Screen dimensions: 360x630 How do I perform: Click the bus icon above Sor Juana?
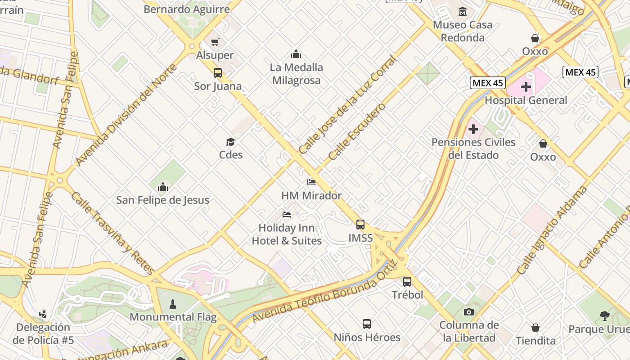pos(218,72)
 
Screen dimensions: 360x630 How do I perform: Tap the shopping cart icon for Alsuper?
pos(215,42)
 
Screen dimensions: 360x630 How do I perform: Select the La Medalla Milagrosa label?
pos(296,74)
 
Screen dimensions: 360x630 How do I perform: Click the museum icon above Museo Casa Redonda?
pos(463,11)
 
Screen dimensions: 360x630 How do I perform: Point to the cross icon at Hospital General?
pos(526,87)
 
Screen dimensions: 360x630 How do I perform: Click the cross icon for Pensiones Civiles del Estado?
pos(473,130)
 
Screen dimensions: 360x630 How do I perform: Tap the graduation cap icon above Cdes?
pos(231,142)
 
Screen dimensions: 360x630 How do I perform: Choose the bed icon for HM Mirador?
pos(311,182)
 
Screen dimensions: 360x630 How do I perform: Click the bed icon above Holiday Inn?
pos(287,215)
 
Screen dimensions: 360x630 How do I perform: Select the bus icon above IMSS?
pos(360,224)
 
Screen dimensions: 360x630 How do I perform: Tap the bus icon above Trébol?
pos(407,282)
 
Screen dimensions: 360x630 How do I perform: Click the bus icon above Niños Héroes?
pos(367,324)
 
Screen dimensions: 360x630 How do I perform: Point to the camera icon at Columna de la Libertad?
pos(469,312)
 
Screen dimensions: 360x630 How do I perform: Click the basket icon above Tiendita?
pos(535,328)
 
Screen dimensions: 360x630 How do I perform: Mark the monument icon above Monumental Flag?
pos(172,304)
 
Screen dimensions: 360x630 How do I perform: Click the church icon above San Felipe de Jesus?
pos(163,186)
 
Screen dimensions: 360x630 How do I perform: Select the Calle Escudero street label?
pos(357,132)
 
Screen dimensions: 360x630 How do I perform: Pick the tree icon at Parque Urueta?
pos(605,316)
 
